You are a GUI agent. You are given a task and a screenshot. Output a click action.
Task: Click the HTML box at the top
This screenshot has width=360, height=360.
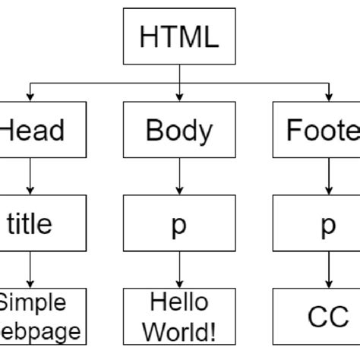[x=179, y=36]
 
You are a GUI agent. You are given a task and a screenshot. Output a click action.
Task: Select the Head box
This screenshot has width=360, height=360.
[x=30, y=131]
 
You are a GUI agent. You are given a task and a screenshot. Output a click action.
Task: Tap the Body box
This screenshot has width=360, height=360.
[x=179, y=131]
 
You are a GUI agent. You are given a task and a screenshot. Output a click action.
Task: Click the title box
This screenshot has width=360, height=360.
[x=30, y=223]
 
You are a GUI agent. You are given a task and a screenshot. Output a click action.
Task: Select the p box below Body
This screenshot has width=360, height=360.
[x=179, y=223]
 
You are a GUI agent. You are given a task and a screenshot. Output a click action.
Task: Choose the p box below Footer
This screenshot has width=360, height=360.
[x=327, y=223]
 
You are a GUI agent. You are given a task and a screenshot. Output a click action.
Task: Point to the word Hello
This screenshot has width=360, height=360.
[x=179, y=303]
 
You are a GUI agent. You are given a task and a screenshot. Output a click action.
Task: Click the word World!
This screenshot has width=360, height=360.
[x=179, y=331]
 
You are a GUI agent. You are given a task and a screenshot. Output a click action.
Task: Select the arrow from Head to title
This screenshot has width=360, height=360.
[x=30, y=176]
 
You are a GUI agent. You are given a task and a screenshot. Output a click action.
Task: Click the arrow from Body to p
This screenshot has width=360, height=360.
[x=179, y=176]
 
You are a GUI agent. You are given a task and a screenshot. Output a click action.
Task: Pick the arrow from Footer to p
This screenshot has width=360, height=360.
[x=327, y=176]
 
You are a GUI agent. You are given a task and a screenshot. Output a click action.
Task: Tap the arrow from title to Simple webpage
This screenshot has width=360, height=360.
[x=30, y=270]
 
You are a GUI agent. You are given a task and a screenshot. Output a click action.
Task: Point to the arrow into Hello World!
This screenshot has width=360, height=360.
[x=179, y=270]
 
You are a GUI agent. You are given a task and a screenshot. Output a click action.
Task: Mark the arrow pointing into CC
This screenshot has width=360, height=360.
[x=327, y=270]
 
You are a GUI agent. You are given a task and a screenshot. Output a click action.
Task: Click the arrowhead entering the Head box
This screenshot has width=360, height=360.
[x=30, y=96]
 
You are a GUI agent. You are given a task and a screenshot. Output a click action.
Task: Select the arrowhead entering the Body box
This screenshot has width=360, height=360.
[x=179, y=96]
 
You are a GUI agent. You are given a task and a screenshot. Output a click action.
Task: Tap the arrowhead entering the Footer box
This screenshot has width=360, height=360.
[x=327, y=96]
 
